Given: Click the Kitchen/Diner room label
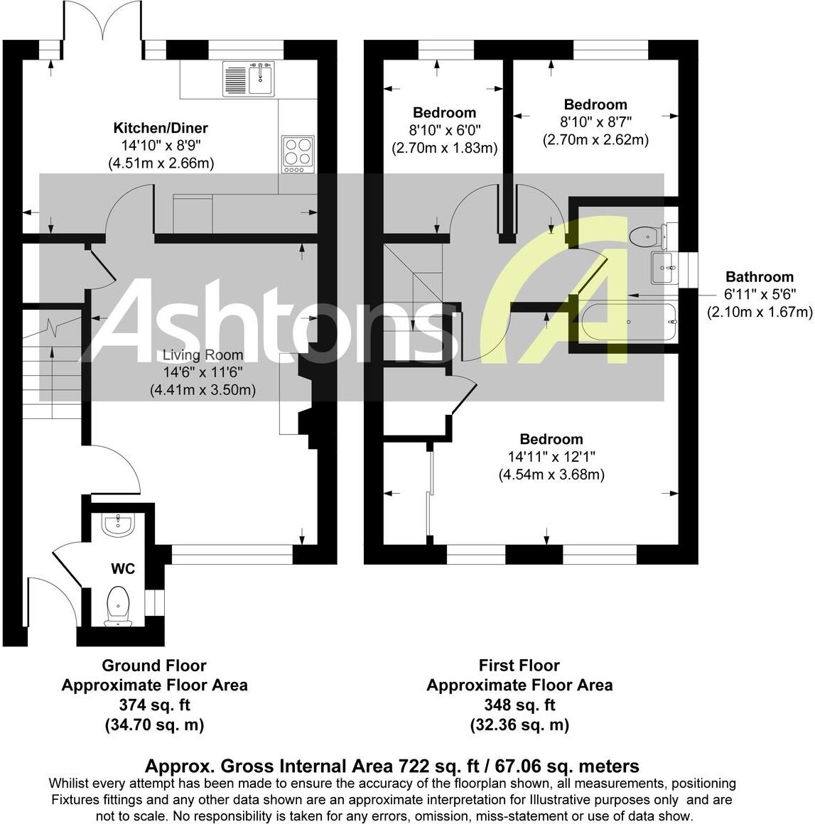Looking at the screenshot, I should (161, 129).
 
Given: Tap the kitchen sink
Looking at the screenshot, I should (248, 78).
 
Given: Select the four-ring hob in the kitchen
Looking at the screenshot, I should (298, 153).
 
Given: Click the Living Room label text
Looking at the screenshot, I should (203, 355).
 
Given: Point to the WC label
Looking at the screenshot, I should (123, 569).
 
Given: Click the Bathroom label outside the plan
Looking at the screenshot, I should (759, 277).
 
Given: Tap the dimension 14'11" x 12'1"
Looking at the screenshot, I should (551, 457).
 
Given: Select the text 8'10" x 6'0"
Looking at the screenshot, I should (444, 131).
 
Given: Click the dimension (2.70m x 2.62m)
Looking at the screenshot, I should (595, 140).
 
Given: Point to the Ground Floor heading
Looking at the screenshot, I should (154, 666).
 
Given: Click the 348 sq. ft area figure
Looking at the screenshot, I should (519, 705).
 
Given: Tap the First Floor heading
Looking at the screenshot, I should (519, 666).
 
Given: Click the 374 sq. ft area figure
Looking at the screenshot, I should (154, 705).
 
